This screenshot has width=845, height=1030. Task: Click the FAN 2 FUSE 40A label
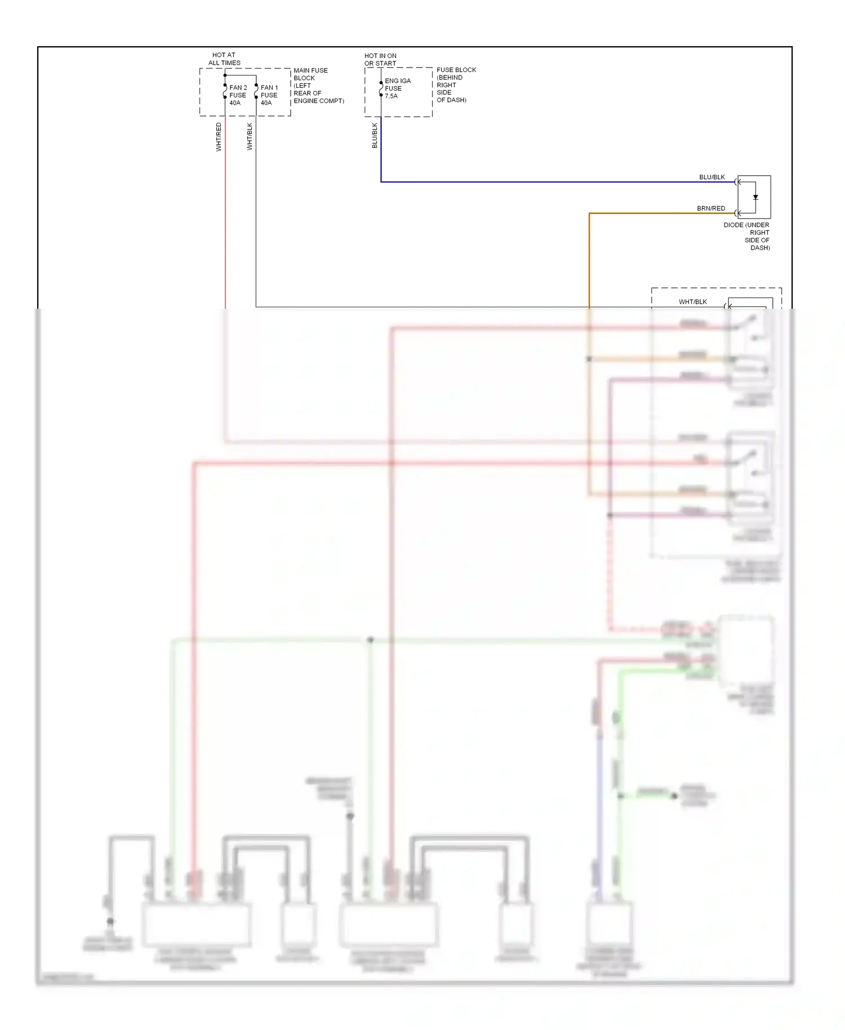pyautogui.click(x=238, y=95)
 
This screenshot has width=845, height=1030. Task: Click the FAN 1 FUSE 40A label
pyautogui.click(x=269, y=95)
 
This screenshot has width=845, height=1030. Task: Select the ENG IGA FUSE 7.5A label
pyautogui.click(x=397, y=88)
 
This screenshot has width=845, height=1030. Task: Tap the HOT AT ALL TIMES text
pyautogui.click(x=224, y=59)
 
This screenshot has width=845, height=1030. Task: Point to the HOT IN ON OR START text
pyautogui.click(x=380, y=60)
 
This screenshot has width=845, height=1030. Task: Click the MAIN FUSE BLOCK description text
pyautogui.click(x=318, y=86)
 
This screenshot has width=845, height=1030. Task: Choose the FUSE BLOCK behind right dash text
pyautogui.click(x=456, y=85)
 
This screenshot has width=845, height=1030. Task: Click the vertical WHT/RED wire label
pyautogui.click(x=219, y=137)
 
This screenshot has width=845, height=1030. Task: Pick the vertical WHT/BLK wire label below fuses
pyautogui.click(x=250, y=137)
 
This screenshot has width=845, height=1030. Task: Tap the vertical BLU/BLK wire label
pyautogui.click(x=375, y=136)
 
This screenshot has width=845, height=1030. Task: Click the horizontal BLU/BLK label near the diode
pyautogui.click(x=712, y=177)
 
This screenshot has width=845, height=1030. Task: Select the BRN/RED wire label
pyautogui.click(x=711, y=208)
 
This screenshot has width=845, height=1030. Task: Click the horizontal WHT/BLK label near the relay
pyautogui.click(x=693, y=302)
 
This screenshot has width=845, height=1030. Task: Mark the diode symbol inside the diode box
pyautogui.click(x=755, y=198)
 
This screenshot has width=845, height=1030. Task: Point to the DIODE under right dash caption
pyautogui.click(x=747, y=236)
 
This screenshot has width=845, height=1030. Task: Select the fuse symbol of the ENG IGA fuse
pyautogui.click(x=381, y=89)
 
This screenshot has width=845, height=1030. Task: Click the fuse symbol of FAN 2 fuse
pyautogui.click(x=225, y=91)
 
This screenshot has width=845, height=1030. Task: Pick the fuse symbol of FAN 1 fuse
pyautogui.click(x=256, y=91)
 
